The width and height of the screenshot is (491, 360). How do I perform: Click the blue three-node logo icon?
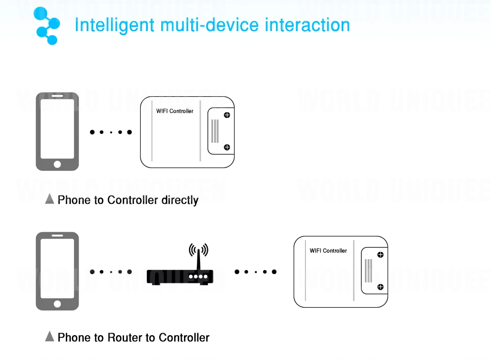click(47, 25)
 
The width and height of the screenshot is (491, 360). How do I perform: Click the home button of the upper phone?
click(57, 164)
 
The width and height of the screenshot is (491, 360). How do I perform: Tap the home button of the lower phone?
click(57, 304)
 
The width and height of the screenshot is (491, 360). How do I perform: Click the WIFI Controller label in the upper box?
click(175, 111)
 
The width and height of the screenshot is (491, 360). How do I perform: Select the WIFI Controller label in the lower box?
click(328, 251)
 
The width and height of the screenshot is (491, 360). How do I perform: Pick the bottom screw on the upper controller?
click(226, 147)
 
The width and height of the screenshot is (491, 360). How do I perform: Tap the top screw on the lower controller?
click(380, 254)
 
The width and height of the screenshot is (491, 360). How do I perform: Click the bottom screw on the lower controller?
click(380, 287)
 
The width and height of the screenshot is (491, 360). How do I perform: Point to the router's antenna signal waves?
click(198, 250)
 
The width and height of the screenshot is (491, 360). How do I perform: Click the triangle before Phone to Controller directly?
click(50, 199)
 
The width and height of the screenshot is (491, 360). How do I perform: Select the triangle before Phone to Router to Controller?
click(50, 337)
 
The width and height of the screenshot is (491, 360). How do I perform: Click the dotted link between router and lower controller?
click(255, 272)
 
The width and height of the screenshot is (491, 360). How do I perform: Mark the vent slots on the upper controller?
click(214, 131)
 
